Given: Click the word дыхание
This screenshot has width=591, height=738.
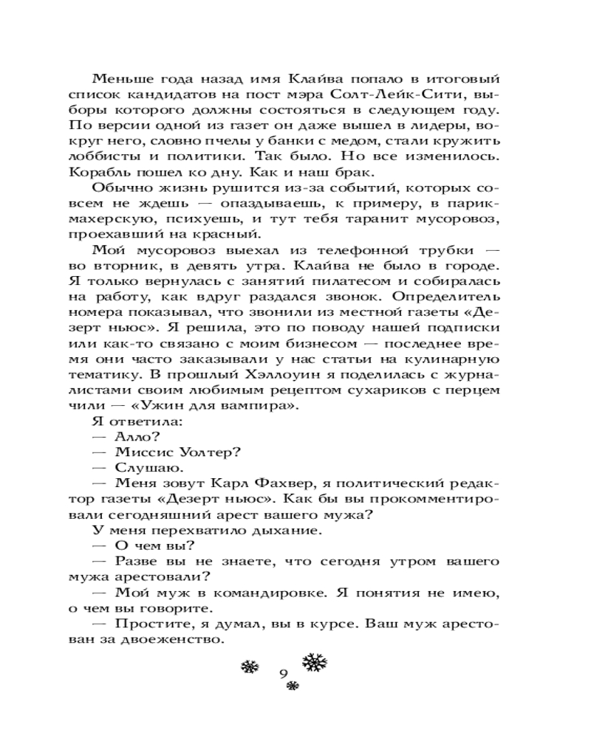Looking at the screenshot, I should pyautogui.click(x=262, y=531).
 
